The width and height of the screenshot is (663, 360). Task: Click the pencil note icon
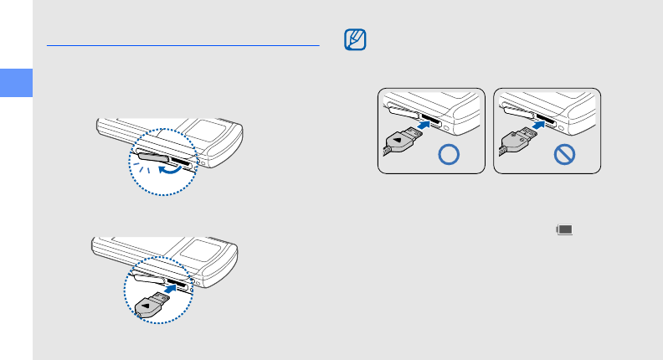pyautogui.click(x=355, y=40)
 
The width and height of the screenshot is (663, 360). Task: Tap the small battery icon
pyautogui.click(x=564, y=229)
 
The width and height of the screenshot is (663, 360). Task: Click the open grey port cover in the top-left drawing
pyautogui.click(x=151, y=155)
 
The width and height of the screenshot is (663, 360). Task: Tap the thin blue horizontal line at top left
pyautogui.click(x=183, y=44)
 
